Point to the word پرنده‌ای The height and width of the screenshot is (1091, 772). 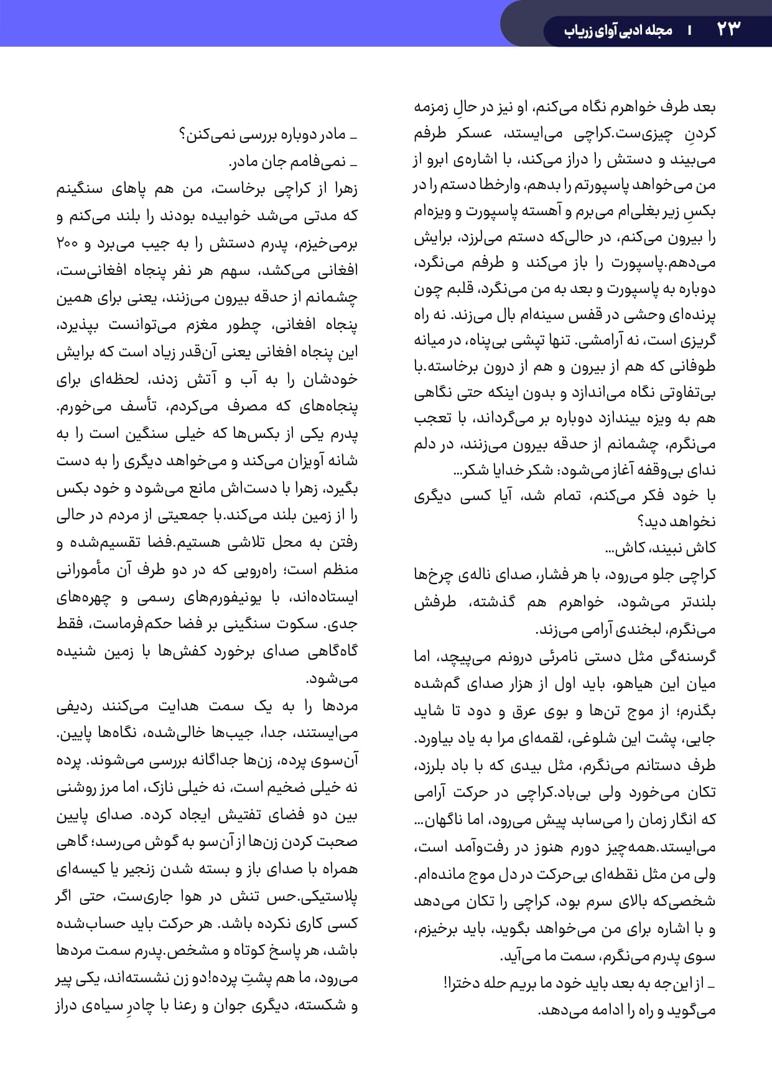tap(691, 315)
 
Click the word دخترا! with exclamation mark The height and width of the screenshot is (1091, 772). tap(466, 983)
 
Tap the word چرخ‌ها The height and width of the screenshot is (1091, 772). tap(430, 575)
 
